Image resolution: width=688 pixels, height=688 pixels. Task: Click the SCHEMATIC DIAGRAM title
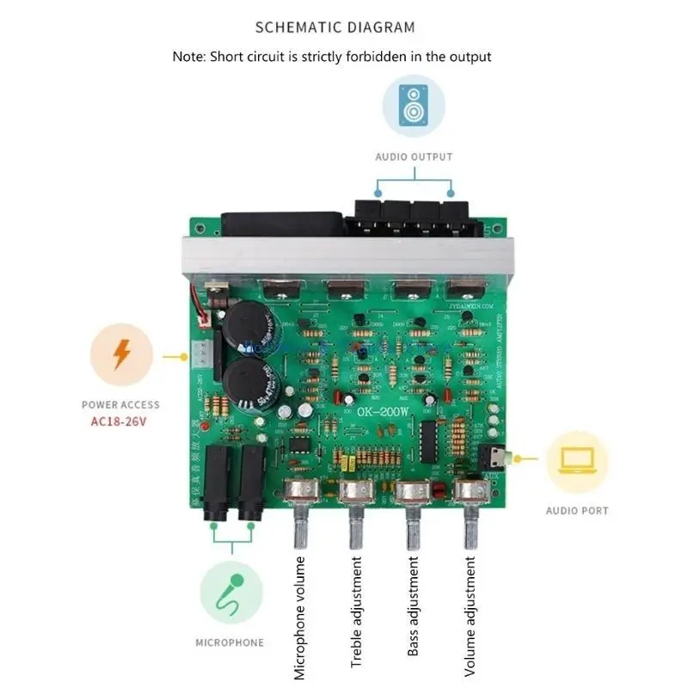(x=335, y=27)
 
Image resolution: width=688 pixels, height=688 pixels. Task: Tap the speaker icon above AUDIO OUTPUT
(x=414, y=106)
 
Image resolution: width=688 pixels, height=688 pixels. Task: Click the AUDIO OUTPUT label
(x=414, y=157)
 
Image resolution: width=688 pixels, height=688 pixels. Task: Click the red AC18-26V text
(x=120, y=421)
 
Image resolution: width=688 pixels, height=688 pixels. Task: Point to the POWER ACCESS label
(x=120, y=404)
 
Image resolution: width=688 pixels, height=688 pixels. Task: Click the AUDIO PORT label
(x=577, y=511)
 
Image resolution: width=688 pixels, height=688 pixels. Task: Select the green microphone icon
(x=230, y=593)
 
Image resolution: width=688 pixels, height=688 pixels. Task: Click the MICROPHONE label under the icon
(x=230, y=642)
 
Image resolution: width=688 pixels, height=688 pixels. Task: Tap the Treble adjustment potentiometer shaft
(x=356, y=529)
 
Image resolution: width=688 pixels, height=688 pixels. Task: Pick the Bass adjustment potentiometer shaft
(x=413, y=529)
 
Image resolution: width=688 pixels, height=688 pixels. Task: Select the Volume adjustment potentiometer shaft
(x=470, y=529)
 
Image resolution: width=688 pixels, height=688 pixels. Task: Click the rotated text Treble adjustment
(x=356, y=611)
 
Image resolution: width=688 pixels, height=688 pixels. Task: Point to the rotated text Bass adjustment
(x=413, y=606)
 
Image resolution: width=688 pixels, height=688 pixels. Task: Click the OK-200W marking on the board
(x=384, y=412)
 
